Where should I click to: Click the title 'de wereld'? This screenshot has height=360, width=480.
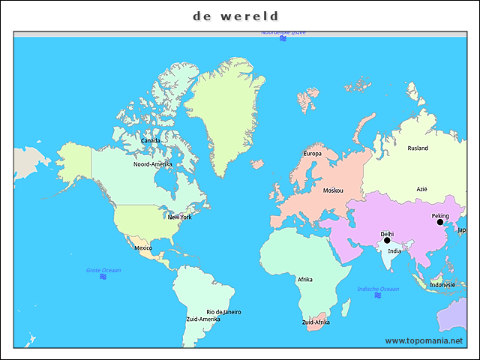pos(235,16)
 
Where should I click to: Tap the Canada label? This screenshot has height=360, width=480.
pos(150,140)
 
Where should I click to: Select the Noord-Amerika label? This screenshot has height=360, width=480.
pos(153,164)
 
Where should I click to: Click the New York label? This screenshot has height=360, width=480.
pos(179,217)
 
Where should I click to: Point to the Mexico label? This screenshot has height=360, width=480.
pos(143,247)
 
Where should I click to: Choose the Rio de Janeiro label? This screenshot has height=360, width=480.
pos(223,312)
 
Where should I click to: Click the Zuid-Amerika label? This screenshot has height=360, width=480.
pos(203,319)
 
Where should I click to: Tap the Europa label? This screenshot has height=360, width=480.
pos(312,154)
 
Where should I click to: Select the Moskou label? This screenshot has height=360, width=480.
pos(333,190)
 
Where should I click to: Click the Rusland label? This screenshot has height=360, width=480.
pos(418,148)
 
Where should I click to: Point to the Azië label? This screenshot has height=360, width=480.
pos(421,189)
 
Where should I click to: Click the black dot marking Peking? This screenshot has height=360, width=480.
pos(440,222)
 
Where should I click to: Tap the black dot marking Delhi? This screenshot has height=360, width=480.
pos(387,240)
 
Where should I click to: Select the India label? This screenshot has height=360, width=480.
pos(394,250)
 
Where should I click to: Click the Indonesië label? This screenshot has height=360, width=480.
pos(442,285)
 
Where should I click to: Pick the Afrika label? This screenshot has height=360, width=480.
pos(305,279)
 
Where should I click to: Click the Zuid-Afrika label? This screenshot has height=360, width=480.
pos(316,322)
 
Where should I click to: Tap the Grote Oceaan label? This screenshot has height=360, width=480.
pos(103,270)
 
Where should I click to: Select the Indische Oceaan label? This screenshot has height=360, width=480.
pos(378,289)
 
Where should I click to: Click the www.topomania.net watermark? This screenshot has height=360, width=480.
pos(424,340)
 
